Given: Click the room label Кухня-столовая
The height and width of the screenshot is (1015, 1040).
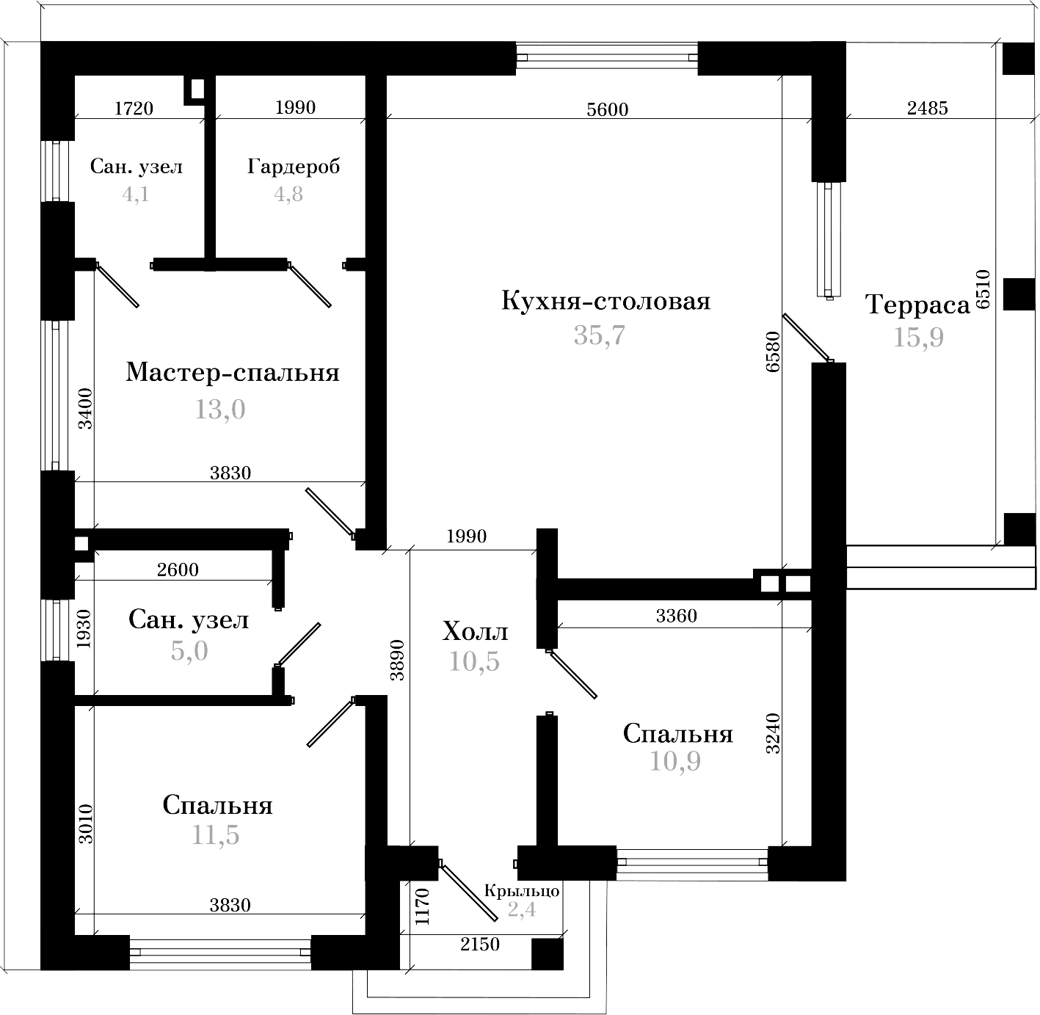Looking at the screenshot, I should click(606, 302).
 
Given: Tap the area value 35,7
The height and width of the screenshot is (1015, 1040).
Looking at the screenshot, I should click(599, 335).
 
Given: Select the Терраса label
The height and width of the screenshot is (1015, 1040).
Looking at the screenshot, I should click(917, 304).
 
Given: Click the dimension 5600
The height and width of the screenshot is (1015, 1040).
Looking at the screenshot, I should click(608, 109).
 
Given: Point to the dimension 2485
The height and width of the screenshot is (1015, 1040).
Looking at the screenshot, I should click(928, 108).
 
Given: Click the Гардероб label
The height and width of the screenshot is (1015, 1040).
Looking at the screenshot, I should click(294, 167).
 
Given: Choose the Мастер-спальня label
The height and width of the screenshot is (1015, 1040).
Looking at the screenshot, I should click(233, 373).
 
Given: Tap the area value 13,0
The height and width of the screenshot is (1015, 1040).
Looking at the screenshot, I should click(219, 410).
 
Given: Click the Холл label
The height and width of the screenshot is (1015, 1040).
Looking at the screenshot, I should click(476, 631).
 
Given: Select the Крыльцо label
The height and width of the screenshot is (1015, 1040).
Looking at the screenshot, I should click(522, 891).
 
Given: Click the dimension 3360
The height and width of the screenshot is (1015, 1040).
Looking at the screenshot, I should click(676, 616).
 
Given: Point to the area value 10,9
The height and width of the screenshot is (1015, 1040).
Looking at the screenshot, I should click(675, 762).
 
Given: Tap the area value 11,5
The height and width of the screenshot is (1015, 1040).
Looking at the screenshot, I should click(216, 835).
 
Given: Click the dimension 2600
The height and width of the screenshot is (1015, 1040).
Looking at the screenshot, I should click(178, 570).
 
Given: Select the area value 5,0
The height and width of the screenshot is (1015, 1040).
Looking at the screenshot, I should click(189, 650).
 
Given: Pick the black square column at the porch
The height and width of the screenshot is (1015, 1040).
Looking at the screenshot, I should click(547, 954).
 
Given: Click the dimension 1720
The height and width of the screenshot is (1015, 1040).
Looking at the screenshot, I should click(134, 109).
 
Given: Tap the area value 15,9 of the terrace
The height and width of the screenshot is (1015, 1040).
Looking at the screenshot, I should click(918, 337).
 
